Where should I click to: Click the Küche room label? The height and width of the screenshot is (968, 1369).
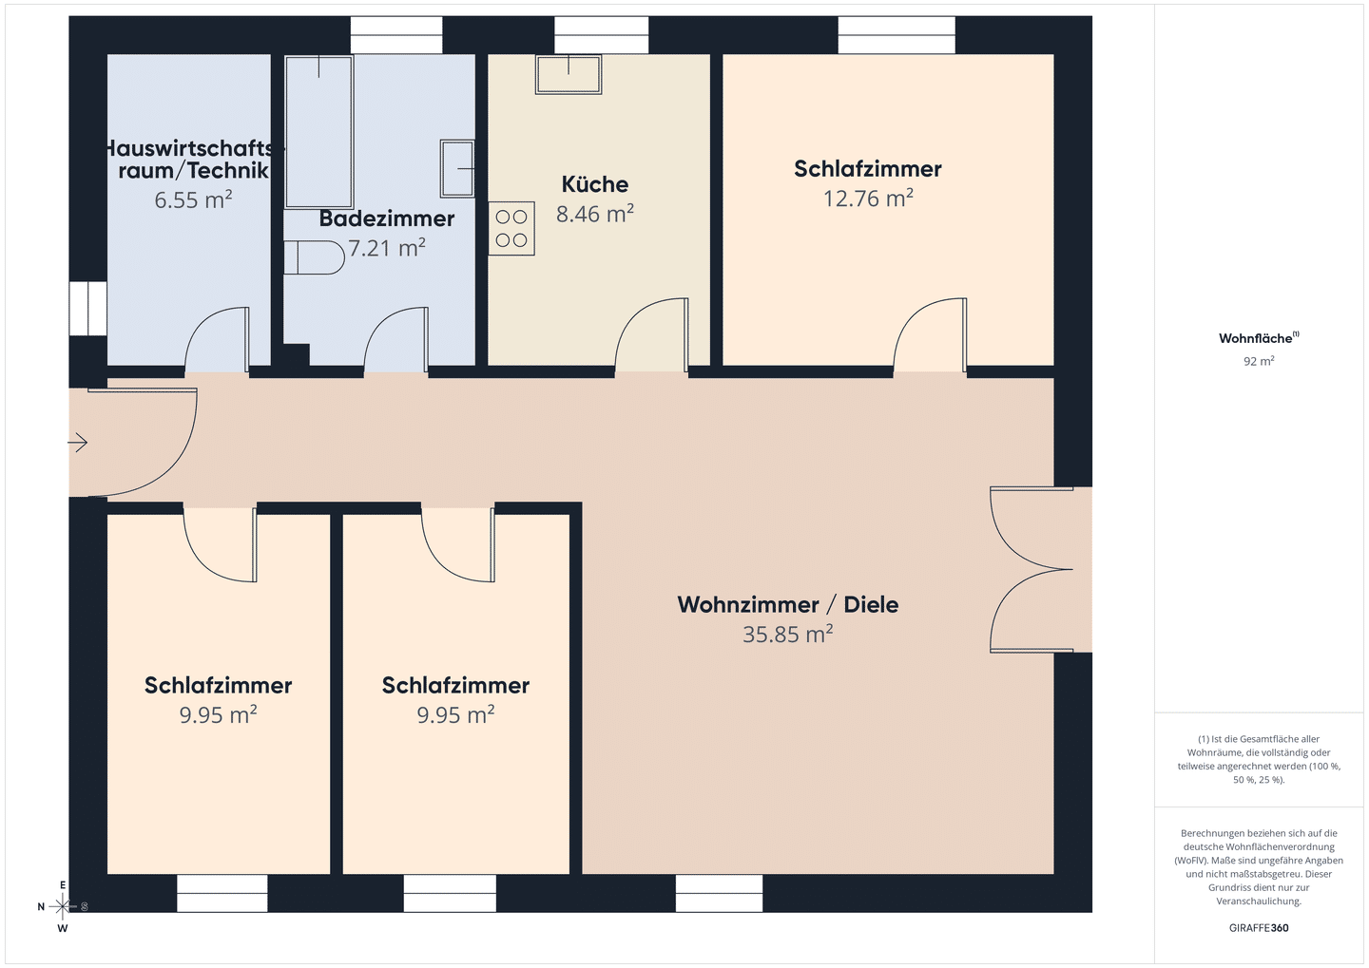[x=595, y=184]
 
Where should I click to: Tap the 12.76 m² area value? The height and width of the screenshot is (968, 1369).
[x=868, y=199]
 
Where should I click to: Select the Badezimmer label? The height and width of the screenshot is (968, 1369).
[x=386, y=218]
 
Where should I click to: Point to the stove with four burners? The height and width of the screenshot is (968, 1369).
[x=511, y=228]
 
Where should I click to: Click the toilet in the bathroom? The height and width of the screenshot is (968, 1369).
[x=314, y=257]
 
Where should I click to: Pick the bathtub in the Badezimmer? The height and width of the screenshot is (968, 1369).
[x=319, y=132]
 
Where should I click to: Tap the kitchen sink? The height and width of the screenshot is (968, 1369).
[x=569, y=74]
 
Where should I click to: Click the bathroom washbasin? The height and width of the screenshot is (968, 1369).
[x=457, y=168]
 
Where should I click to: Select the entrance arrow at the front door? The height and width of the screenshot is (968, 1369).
[x=78, y=443]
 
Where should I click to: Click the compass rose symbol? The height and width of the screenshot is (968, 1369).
[x=63, y=907]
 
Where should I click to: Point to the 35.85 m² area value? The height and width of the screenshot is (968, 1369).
[x=788, y=635]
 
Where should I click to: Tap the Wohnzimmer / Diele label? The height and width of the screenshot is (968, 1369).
[x=788, y=604]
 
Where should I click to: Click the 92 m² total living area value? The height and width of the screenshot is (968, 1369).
[x=1259, y=362]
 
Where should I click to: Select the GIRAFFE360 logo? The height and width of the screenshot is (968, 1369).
[x=1259, y=928]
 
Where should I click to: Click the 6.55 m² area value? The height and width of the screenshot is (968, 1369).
[x=193, y=200]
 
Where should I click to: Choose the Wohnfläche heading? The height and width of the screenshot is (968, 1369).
[x=1259, y=338]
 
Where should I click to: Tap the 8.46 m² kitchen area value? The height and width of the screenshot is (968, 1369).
[x=595, y=214]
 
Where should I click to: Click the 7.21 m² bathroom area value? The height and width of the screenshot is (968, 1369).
[x=386, y=249]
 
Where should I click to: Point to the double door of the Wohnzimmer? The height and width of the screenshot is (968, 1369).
[x=1032, y=570]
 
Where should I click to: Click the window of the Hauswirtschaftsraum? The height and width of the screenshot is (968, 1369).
[x=88, y=309]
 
